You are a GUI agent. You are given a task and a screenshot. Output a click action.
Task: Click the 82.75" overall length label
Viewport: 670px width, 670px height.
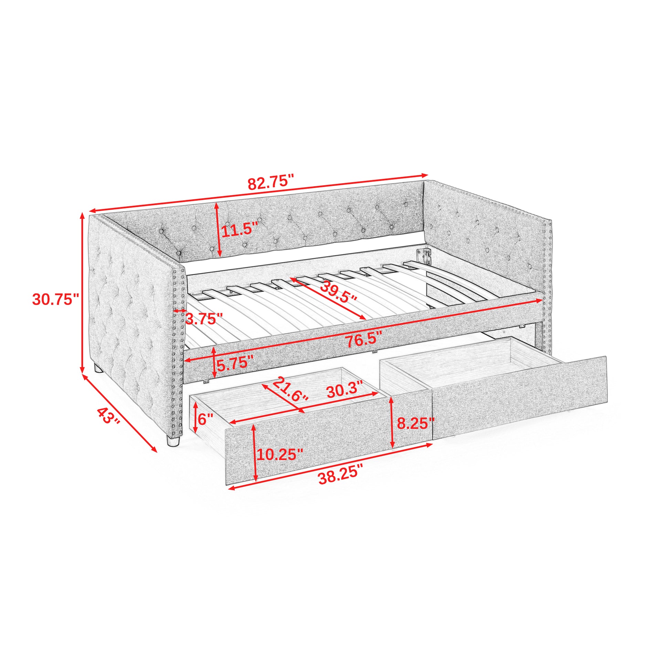(x=271, y=182)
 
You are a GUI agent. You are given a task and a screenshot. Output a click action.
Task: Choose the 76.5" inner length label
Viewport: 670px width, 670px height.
(x=364, y=339)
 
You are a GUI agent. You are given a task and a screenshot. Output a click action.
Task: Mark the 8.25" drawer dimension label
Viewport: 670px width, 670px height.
(x=416, y=423)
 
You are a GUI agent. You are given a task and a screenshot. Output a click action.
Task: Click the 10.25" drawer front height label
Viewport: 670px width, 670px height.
(x=280, y=454)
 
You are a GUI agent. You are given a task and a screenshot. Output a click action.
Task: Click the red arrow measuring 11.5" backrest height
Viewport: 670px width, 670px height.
(x=218, y=230)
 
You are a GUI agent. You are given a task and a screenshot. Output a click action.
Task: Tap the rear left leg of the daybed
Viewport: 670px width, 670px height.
(x=98, y=368)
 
